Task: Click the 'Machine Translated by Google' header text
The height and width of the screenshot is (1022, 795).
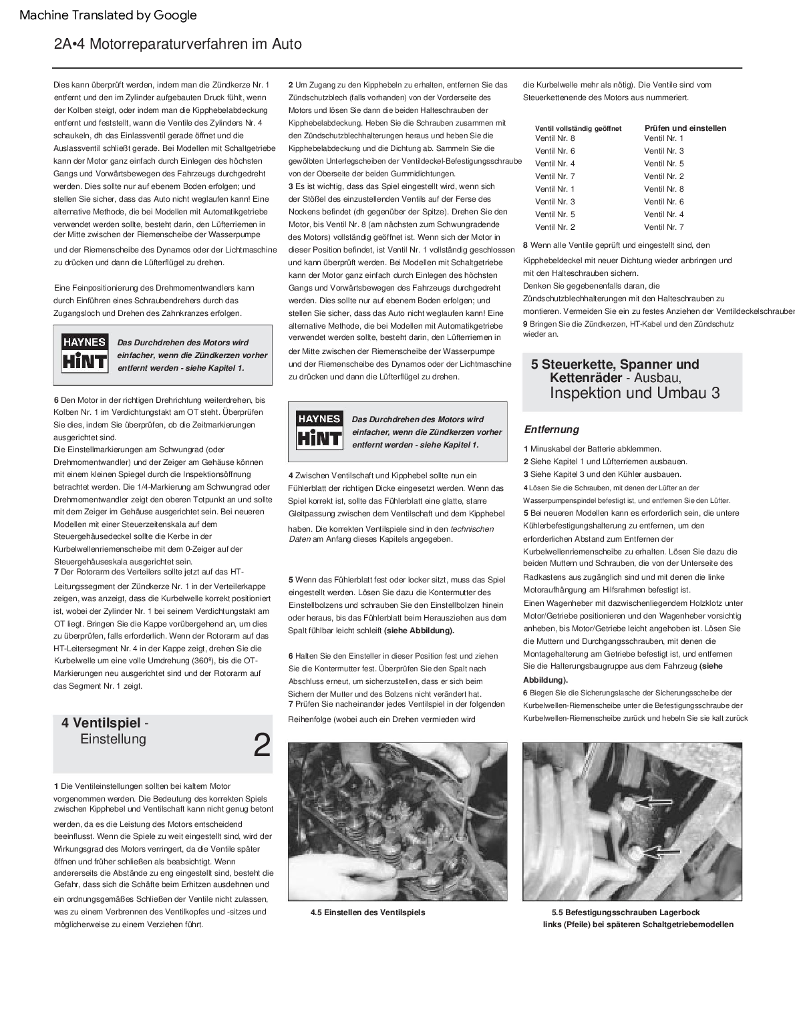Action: click(x=108, y=15)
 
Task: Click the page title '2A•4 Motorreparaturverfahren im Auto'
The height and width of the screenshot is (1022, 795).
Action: click(x=178, y=45)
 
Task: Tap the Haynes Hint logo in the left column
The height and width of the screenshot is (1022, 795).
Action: click(x=84, y=353)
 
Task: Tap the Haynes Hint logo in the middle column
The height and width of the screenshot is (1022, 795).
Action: click(x=319, y=430)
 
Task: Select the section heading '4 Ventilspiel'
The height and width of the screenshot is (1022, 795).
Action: click(x=101, y=723)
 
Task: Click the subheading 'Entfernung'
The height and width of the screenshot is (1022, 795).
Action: click(x=551, y=430)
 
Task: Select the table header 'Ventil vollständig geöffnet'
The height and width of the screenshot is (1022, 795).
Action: click(x=579, y=128)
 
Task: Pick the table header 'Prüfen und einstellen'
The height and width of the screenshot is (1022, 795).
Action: click(x=685, y=128)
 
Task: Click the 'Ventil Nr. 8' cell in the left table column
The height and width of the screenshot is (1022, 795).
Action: click(x=554, y=138)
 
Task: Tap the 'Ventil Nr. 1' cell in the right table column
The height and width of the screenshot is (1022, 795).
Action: click(x=663, y=138)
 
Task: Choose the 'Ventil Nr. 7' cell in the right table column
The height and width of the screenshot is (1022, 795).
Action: click(x=663, y=227)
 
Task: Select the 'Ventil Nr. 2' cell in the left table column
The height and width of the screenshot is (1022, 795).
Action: click(x=554, y=227)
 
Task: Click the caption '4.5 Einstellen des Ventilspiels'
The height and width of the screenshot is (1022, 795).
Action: click(x=367, y=912)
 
